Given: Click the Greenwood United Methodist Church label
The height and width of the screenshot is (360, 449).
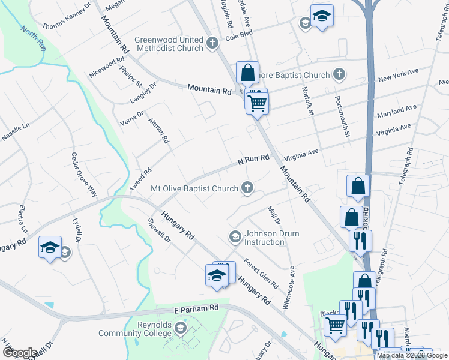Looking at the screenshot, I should (x=169, y=44).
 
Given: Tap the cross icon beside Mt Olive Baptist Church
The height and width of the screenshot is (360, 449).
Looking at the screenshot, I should (x=247, y=188).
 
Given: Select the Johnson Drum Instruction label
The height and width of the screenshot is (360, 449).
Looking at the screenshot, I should (x=264, y=238).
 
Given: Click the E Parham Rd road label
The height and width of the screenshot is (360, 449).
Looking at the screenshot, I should (x=196, y=308).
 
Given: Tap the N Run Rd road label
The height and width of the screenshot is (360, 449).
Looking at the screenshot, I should (x=253, y=159).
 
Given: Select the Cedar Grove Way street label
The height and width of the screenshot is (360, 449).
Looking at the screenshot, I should (x=84, y=175).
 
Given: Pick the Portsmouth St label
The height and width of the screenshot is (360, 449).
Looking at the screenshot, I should (x=342, y=116).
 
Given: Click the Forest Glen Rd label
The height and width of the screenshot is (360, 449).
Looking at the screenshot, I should (x=261, y=272).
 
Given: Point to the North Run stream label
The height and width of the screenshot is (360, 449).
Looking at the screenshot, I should (x=33, y=38).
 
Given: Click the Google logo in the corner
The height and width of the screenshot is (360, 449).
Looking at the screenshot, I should (x=20, y=353).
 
